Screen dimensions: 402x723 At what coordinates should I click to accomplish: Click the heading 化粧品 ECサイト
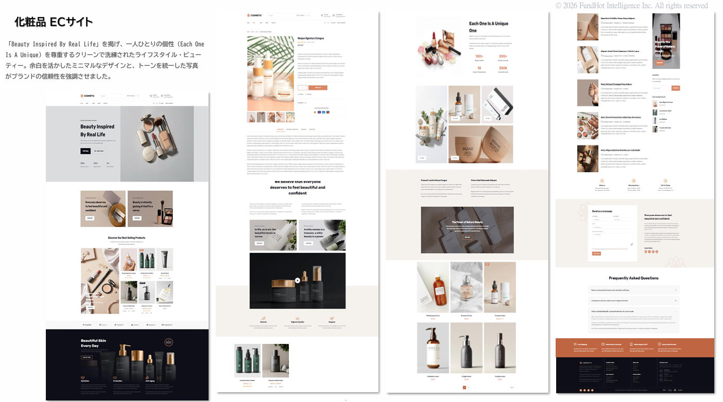tap(54, 22)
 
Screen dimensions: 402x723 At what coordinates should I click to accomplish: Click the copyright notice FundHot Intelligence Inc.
tap(631, 6)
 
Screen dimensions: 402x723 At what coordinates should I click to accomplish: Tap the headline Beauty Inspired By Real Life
tap(97, 131)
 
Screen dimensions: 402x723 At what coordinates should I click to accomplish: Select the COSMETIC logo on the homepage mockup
tap(88, 96)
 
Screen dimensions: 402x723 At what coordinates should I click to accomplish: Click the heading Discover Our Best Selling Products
tap(127, 237)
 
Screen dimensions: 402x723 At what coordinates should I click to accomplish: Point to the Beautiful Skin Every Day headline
tap(93, 343)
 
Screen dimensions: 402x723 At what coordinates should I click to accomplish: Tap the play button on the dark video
tap(297, 281)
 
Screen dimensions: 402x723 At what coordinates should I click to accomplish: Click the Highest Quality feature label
tap(298, 322)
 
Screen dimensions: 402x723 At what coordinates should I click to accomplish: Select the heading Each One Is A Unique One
tap(488, 27)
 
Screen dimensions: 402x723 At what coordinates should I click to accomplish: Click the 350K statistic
tap(503, 68)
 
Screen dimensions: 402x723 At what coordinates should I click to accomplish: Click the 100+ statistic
tap(479, 57)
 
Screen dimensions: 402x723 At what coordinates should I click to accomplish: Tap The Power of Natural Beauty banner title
tap(467, 222)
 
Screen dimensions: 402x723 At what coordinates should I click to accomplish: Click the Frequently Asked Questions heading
tap(633, 278)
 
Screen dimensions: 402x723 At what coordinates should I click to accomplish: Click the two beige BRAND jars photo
tap(480, 144)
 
